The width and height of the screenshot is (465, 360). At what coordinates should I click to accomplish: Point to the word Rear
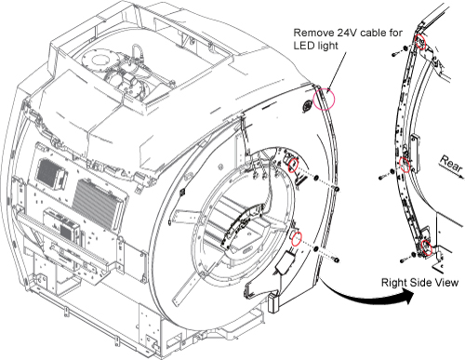point(451,164)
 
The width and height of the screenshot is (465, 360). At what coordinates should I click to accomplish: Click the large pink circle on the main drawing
point(324,99)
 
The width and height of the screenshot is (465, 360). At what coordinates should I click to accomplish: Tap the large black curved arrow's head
point(406,298)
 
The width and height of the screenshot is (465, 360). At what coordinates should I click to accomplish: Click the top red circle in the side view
point(420,42)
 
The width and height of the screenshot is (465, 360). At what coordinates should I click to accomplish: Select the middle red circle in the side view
point(405,165)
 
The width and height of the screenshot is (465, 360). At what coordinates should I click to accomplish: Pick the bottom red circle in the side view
point(427,247)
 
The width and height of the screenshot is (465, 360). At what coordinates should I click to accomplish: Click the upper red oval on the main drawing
point(293,166)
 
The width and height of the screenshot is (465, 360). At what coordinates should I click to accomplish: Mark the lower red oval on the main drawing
point(297,238)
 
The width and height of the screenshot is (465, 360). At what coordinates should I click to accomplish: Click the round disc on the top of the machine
point(99,60)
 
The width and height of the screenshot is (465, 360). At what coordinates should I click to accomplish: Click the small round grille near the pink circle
point(307,106)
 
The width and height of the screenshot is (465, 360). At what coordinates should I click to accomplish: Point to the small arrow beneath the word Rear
point(452,172)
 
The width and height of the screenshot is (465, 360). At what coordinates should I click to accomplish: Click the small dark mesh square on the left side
point(48,171)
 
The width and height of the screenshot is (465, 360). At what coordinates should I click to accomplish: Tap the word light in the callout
point(326,47)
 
